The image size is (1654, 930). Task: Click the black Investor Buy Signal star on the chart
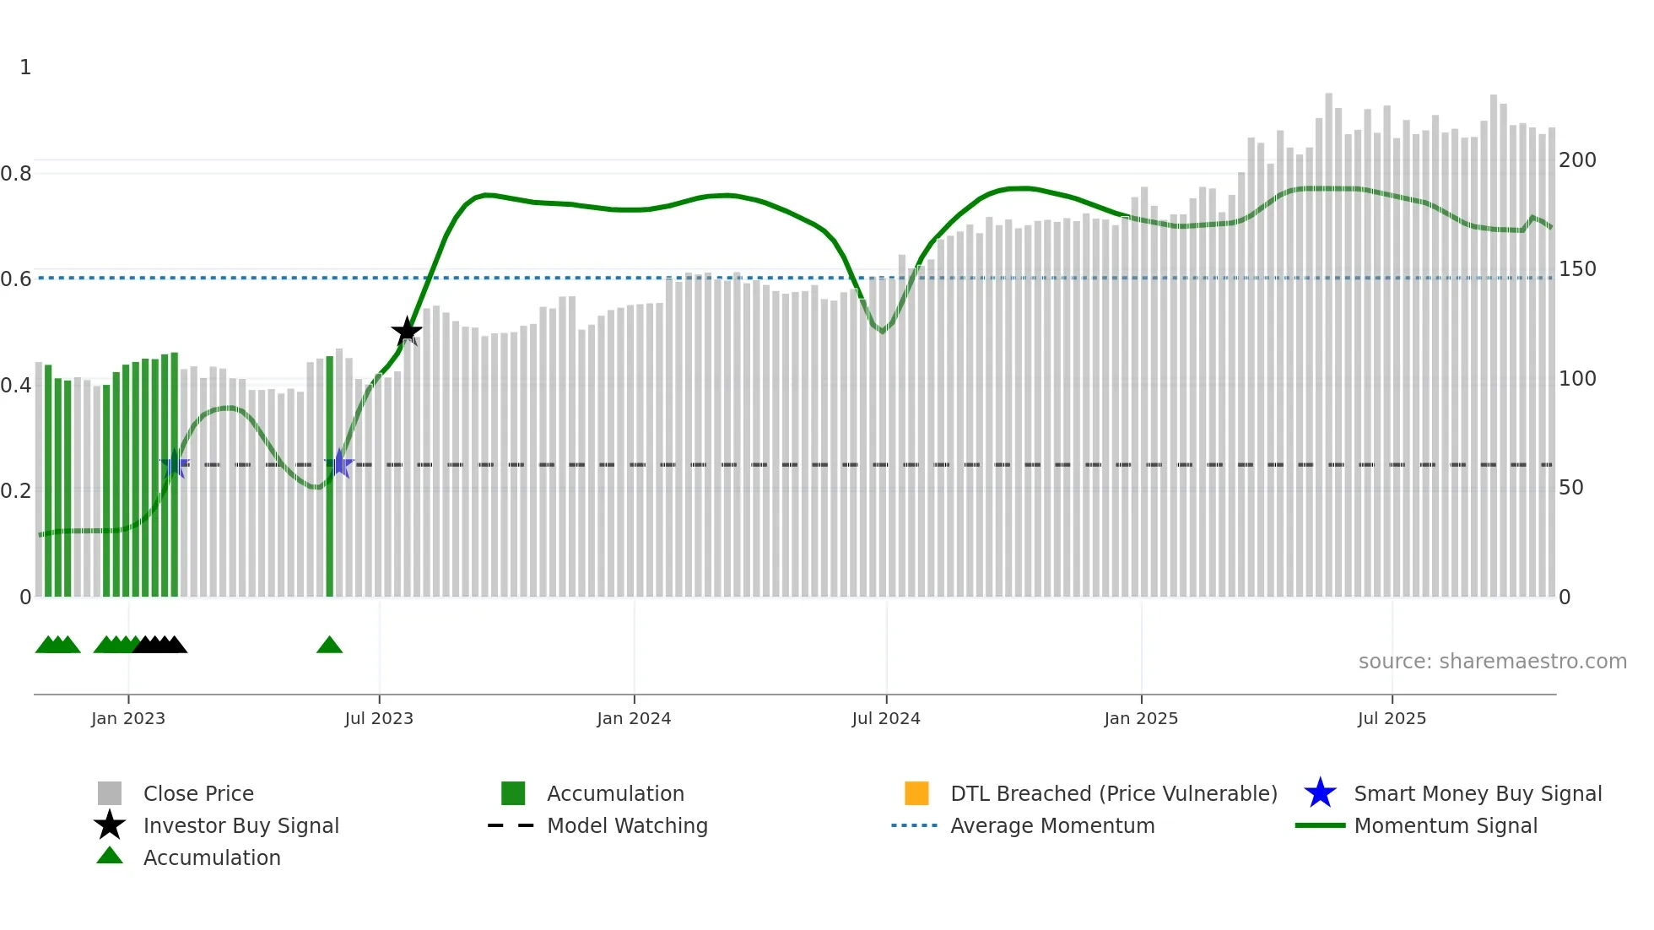407,332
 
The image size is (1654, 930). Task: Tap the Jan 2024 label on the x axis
634,719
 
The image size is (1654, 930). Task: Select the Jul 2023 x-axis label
379,719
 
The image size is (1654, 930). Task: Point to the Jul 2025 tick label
1392,719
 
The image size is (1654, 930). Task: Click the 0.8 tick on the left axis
16,174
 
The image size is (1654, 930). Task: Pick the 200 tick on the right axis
1577,160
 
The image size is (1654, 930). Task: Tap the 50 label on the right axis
1570,488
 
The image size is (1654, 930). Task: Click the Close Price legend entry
198,794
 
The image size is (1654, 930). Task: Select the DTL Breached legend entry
1113,794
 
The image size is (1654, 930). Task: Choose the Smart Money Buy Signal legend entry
1477,794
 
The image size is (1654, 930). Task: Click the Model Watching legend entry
627,826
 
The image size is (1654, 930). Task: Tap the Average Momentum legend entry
1051,826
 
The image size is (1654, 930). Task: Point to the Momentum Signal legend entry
1445,826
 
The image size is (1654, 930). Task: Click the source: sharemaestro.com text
1492,662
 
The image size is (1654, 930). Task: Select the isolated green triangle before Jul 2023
329,646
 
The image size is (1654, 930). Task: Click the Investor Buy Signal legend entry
241,826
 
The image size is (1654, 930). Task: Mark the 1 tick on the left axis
25,68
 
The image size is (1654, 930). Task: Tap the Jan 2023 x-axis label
128,719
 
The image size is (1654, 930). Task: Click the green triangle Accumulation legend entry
211,858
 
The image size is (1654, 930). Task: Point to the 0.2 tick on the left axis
16,491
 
